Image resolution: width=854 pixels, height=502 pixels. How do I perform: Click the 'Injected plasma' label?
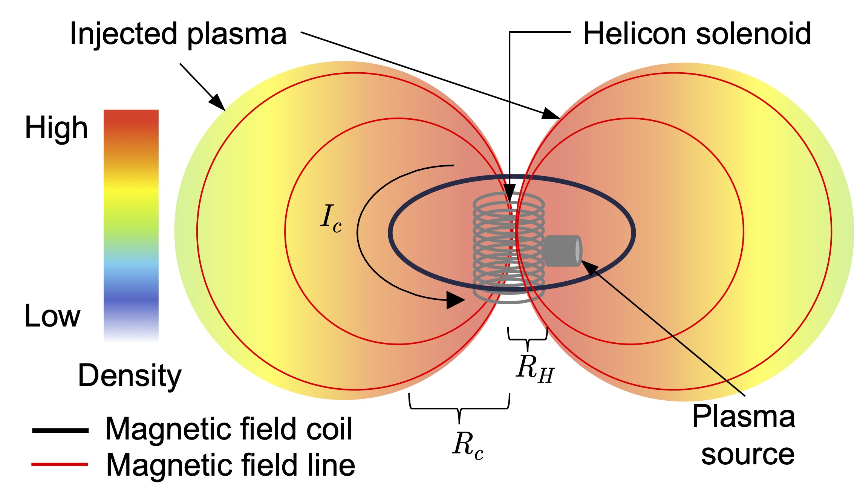tap(178, 35)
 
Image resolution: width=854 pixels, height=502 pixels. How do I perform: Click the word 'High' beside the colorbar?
tap(56, 128)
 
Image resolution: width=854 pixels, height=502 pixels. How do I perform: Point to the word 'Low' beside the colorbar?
tap(52, 316)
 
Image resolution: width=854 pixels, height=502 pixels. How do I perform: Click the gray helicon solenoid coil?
tap(490, 249)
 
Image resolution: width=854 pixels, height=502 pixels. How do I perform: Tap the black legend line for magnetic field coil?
tap(60, 430)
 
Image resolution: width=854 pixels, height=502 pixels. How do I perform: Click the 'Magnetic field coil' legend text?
tap(228, 429)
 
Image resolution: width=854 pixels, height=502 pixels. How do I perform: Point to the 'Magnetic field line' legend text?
tap(230, 465)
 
